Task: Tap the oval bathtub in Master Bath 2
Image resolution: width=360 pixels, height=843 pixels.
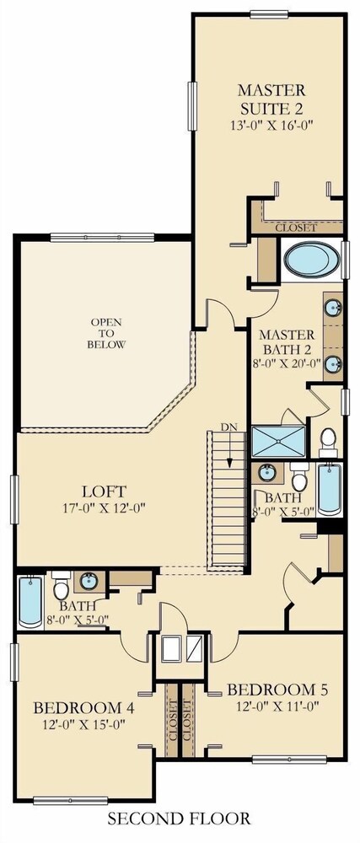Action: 312,260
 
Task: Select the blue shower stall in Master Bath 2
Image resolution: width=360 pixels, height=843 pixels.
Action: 278,442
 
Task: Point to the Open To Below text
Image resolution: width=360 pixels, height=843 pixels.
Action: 106,333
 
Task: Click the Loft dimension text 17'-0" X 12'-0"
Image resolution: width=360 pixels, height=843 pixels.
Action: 105,507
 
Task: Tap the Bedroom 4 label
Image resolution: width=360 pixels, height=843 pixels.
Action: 83,707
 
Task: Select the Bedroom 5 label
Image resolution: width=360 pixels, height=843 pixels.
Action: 277,690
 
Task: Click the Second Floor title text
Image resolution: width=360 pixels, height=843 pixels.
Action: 179,819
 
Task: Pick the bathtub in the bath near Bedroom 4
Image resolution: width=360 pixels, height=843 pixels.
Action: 30,601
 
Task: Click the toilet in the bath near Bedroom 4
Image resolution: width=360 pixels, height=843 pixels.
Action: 62,586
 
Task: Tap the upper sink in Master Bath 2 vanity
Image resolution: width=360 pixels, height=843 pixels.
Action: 333,308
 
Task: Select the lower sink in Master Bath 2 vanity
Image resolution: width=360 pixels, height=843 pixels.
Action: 333,364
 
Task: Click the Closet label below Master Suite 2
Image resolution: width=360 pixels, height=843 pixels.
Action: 296,228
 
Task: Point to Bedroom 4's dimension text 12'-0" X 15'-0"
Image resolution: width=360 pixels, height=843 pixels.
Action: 83,724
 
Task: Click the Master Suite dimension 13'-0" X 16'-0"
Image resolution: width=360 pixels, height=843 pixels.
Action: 271,125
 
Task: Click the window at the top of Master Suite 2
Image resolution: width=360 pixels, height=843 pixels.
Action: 269,14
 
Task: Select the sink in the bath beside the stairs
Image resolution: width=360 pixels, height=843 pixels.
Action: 267,473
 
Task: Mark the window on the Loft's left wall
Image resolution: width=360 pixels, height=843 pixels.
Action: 14,499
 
